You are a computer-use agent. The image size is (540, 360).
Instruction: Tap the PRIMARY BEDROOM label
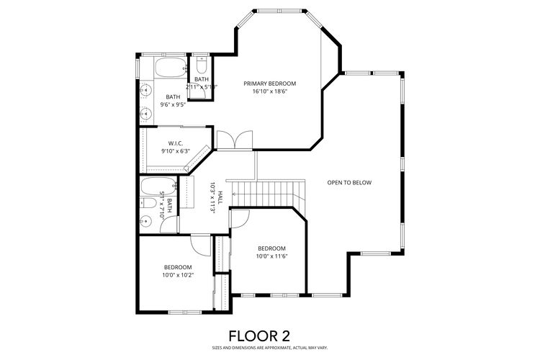pos(269,84)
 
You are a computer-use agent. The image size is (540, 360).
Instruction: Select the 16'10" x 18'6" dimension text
pos(269,92)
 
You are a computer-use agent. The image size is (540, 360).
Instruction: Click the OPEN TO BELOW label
pos(349,182)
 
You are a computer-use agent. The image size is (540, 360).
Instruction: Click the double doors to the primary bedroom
pos(235,139)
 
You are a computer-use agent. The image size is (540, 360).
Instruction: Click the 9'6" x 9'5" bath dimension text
pos(173,105)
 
